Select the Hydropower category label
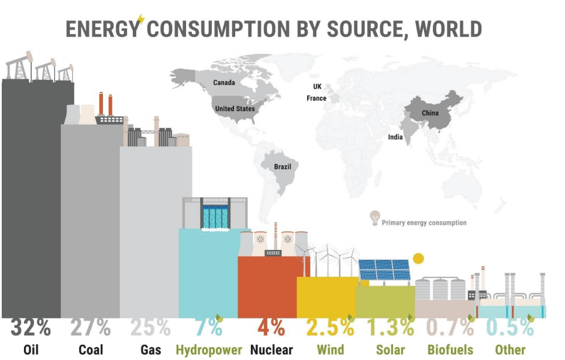(x=208, y=350)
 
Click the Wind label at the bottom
(x=330, y=350)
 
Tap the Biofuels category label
(x=450, y=350)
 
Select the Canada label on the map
(x=224, y=83)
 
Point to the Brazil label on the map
(x=282, y=166)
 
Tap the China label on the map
(x=430, y=112)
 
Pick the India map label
(x=395, y=137)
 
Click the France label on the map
(x=316, y=98)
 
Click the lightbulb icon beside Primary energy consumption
(x=374, y=218)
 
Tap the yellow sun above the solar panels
(x=418, y=259)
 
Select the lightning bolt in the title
(x=140, y=20)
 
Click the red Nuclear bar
(x=267, y=287)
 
